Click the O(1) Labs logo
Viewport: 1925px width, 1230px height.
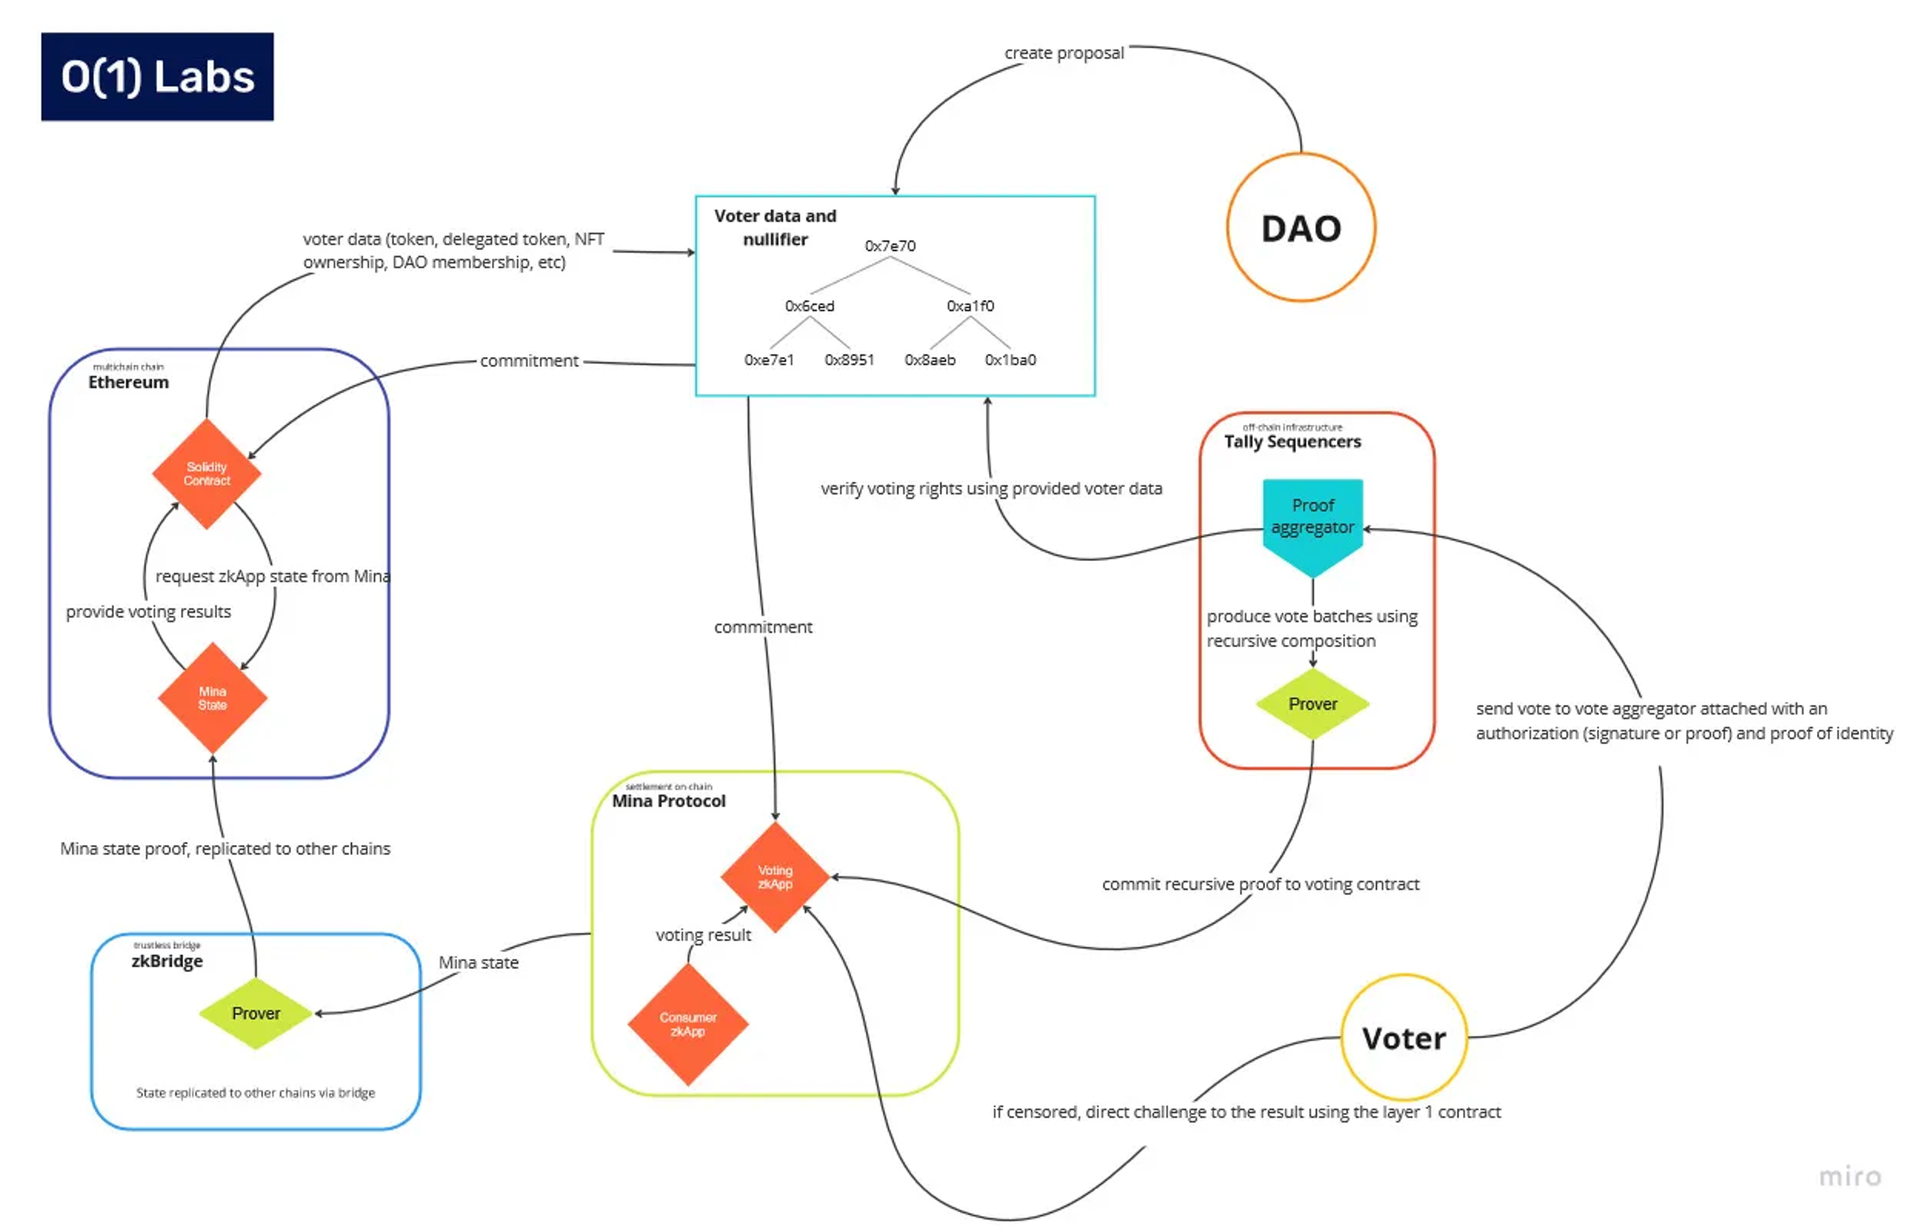pos(157,77)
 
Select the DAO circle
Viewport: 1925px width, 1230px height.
pos(1301,228)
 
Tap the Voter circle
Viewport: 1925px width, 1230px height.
pos(1403,1038)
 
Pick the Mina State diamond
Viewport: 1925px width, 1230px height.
pos(213,697)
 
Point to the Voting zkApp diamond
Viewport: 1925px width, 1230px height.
pos(775,876)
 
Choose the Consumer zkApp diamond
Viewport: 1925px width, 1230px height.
pos(687,1024)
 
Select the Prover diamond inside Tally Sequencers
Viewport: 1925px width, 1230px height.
pos(1312,704)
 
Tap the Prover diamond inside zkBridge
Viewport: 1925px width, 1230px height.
pos(256,1013)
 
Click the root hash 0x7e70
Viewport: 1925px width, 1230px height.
pos(890,246)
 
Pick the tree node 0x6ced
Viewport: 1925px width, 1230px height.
pos(809,305)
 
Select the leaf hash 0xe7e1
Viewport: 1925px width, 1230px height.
pos(769,360)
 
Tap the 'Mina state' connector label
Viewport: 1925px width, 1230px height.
pos(478,962)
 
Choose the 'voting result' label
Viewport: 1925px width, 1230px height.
pos(703,934)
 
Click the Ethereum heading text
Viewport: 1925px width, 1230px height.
pos(129,382)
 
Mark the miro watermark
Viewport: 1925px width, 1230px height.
pos(1849,1176)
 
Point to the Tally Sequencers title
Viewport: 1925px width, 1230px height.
pos(1292,441)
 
